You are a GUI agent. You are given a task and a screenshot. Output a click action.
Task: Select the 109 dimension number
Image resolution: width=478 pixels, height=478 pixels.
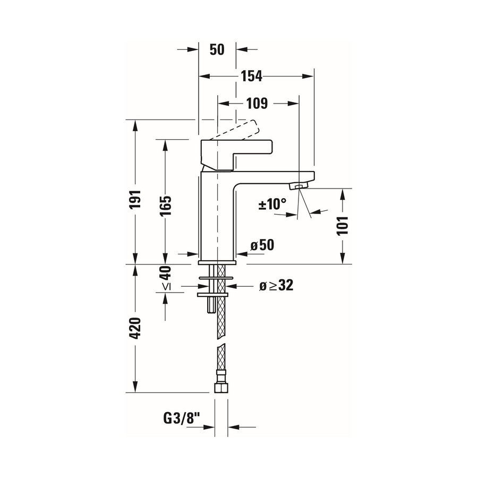point(257,103)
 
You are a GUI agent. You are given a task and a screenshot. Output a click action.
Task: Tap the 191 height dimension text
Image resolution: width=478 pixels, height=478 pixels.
point(137,198)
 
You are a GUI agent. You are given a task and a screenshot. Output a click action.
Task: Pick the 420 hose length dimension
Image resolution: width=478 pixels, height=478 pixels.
point(137,328)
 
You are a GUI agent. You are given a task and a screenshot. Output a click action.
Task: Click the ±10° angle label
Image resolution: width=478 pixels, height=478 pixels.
point(272,203)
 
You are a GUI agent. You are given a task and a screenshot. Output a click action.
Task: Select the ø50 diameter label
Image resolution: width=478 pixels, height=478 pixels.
point(261,245)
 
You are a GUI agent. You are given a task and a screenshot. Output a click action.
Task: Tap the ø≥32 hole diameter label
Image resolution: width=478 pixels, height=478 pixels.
point(276,285)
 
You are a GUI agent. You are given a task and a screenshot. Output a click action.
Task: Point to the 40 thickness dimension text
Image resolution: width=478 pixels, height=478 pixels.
point(165,274)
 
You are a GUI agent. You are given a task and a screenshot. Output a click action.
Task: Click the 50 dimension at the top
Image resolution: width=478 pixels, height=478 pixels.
point(216,49)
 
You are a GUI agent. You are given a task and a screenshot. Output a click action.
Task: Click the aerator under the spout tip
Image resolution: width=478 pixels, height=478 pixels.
point(298,186)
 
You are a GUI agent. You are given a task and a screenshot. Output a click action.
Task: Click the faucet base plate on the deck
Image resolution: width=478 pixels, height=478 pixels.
point(217,261)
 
